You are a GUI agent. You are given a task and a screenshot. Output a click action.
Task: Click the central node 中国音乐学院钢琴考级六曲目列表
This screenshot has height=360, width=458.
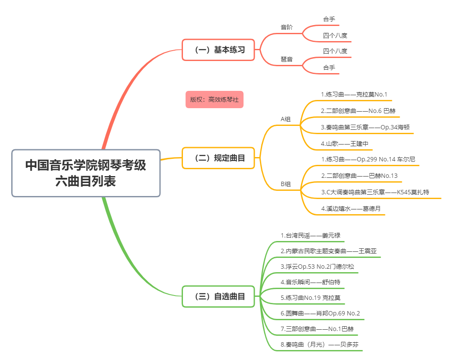point(86,173)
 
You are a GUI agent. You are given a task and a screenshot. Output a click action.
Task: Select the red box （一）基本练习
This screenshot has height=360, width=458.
point(218,50)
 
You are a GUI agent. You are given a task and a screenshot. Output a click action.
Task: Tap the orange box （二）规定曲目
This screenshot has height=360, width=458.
point(218,158)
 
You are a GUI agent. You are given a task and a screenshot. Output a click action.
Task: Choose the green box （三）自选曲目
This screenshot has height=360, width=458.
point(218,296)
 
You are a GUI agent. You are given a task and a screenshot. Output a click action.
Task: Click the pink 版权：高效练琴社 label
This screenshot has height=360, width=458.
point(215,100)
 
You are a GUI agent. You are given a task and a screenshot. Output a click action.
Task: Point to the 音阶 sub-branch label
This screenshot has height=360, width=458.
point(286,27)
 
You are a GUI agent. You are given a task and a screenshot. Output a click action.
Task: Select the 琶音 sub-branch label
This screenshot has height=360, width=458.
point(286,59)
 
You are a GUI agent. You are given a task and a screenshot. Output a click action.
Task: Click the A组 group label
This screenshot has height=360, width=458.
point(285,119)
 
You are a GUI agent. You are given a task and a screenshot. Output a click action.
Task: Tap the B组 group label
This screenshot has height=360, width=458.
point(285,184)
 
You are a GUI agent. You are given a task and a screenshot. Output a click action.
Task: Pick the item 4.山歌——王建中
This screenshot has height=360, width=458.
point(344,144)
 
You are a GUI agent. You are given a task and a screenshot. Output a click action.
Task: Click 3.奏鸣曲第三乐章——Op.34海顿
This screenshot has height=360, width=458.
point(365,127)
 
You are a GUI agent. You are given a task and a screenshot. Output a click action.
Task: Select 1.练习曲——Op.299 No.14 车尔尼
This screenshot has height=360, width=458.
point(368,160)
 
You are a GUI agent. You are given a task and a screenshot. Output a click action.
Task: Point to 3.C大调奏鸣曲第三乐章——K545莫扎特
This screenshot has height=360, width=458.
point(375,192)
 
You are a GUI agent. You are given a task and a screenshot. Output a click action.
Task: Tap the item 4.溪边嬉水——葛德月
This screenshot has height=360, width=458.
point(351,209)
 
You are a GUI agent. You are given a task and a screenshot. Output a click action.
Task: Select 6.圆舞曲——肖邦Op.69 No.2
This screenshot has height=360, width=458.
point(320,313)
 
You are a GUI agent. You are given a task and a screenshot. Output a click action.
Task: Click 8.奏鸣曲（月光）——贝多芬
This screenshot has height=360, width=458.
point(319,344)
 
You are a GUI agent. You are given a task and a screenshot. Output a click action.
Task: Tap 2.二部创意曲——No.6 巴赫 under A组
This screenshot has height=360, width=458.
point(358,111)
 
